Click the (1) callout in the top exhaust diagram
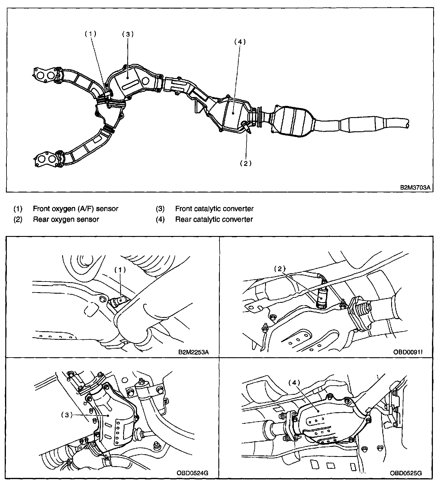91,34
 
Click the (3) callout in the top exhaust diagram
128,34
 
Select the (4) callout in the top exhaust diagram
240,42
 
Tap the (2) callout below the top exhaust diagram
246,163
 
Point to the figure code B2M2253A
194,352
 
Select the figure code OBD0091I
408,352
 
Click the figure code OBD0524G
193,473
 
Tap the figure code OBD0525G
406,473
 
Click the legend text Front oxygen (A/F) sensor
75,209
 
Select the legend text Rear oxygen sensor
66,219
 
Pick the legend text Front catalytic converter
214,209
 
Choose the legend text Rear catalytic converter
214,219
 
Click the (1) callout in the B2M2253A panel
120,269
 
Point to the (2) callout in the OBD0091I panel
280,269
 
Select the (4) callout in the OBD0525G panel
294,383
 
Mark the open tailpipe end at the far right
408,123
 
